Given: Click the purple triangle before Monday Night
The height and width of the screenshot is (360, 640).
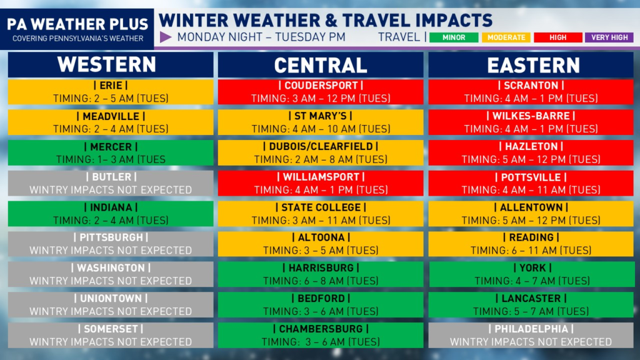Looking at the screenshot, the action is point(165,37).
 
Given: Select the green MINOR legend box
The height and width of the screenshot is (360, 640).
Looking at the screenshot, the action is point(454,37).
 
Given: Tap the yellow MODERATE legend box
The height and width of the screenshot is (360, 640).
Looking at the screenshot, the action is point(506,37).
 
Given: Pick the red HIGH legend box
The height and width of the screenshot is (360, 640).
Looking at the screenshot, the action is point(558,37).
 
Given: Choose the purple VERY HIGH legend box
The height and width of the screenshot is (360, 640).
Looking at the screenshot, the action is point(609,37).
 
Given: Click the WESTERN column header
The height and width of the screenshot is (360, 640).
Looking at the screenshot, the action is point(107,64).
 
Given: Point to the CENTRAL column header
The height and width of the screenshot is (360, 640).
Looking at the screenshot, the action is point(321,65).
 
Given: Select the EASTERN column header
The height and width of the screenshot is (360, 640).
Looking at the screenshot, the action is point(534,65).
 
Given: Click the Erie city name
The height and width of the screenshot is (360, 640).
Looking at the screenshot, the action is point(111,85).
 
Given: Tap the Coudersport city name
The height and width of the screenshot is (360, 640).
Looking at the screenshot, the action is point(321,85).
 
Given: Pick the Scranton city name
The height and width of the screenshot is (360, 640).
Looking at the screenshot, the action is point(531,85).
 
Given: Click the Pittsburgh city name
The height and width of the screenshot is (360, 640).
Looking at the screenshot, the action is point(111,237).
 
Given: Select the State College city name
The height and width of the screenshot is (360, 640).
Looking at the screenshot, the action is point(321,207).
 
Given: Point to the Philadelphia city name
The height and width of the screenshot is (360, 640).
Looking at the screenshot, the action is point(531,329).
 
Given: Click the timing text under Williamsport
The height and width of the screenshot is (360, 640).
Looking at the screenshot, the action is point(321,190).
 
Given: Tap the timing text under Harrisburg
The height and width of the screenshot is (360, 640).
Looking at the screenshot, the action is point(321,281).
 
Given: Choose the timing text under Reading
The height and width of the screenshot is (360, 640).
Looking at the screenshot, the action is point(531,250).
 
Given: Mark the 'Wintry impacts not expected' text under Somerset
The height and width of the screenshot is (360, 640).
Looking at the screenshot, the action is point(111,342).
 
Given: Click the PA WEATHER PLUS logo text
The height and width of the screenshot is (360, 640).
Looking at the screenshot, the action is point(77,24).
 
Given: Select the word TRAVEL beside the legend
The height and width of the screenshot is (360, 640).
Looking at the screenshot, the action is point(399,37).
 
